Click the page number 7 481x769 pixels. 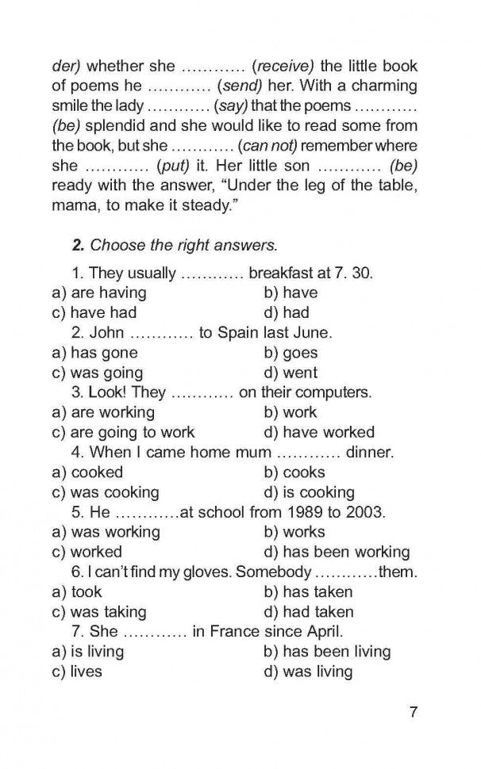click(x=414, y=713)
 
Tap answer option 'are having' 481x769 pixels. click(x=109, y=293)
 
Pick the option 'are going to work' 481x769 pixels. click(x=133, y=433)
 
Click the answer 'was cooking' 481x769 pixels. click(x=114, y=492)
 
